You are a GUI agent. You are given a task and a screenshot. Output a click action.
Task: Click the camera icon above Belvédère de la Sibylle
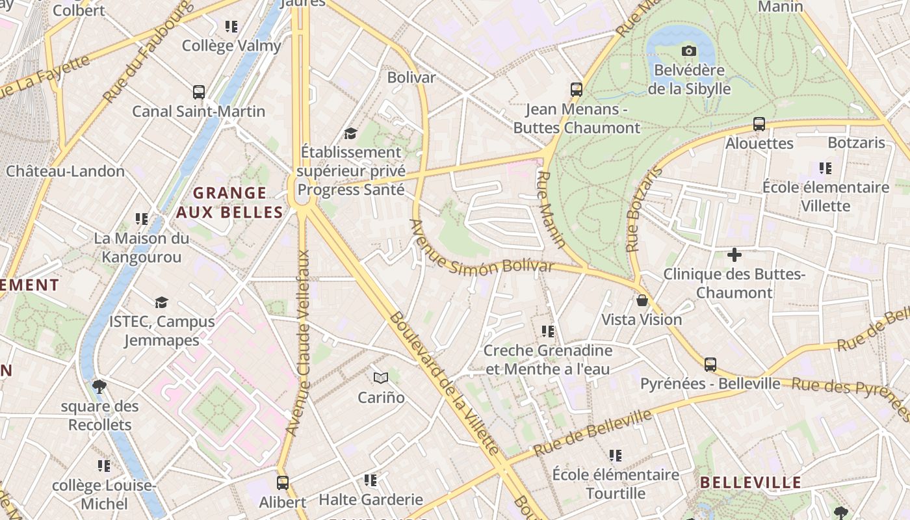pyautogui.click(x=688, y=51)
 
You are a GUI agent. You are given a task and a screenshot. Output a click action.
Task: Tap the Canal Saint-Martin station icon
pyautogui.click(x=199, y=92)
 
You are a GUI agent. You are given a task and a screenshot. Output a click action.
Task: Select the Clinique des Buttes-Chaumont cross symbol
pyautogui.click(x=734, y=254)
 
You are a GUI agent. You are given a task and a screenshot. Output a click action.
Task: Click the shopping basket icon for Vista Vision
pyautogui.click(x=642, y=300)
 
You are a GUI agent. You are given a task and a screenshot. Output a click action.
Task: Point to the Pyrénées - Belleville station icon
pyautogui.click(x=710, y=365)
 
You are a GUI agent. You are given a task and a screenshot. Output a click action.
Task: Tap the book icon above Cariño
pyautogui.click(x=381, y=378)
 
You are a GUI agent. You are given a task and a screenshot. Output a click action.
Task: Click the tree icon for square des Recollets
pyautogui.click(x=99, y=387)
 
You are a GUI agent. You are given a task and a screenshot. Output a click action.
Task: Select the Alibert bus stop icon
pyautogui.click(x=282, y=483)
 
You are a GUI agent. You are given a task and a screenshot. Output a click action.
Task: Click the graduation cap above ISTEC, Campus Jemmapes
pyautogui.click(x=161, y=302)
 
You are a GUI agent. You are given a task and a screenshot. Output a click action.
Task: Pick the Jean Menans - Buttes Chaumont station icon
pyautogui.click(x=576, y=90)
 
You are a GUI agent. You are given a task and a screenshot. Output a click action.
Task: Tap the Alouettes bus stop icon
pyautogui.click(x=759, y=124)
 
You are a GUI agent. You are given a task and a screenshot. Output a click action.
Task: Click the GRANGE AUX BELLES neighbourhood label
pyautogui.click(x=230, y=202)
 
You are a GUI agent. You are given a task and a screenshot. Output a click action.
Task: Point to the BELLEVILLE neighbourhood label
pyautogui.click(x=750, y=483)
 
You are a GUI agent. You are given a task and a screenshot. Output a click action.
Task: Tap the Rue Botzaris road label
pyautogui.click(x=643, y=209)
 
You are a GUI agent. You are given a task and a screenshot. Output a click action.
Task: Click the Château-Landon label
pyautogui.click(x=65, y=171)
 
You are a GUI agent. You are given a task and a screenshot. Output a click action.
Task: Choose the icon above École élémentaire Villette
pyautogui.click(x=825, y=168)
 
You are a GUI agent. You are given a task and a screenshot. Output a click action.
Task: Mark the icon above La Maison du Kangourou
pyautogui.click(x=141, y=219)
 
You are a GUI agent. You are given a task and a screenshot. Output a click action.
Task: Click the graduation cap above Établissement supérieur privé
pyautogui.click(x=350, y=133)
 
